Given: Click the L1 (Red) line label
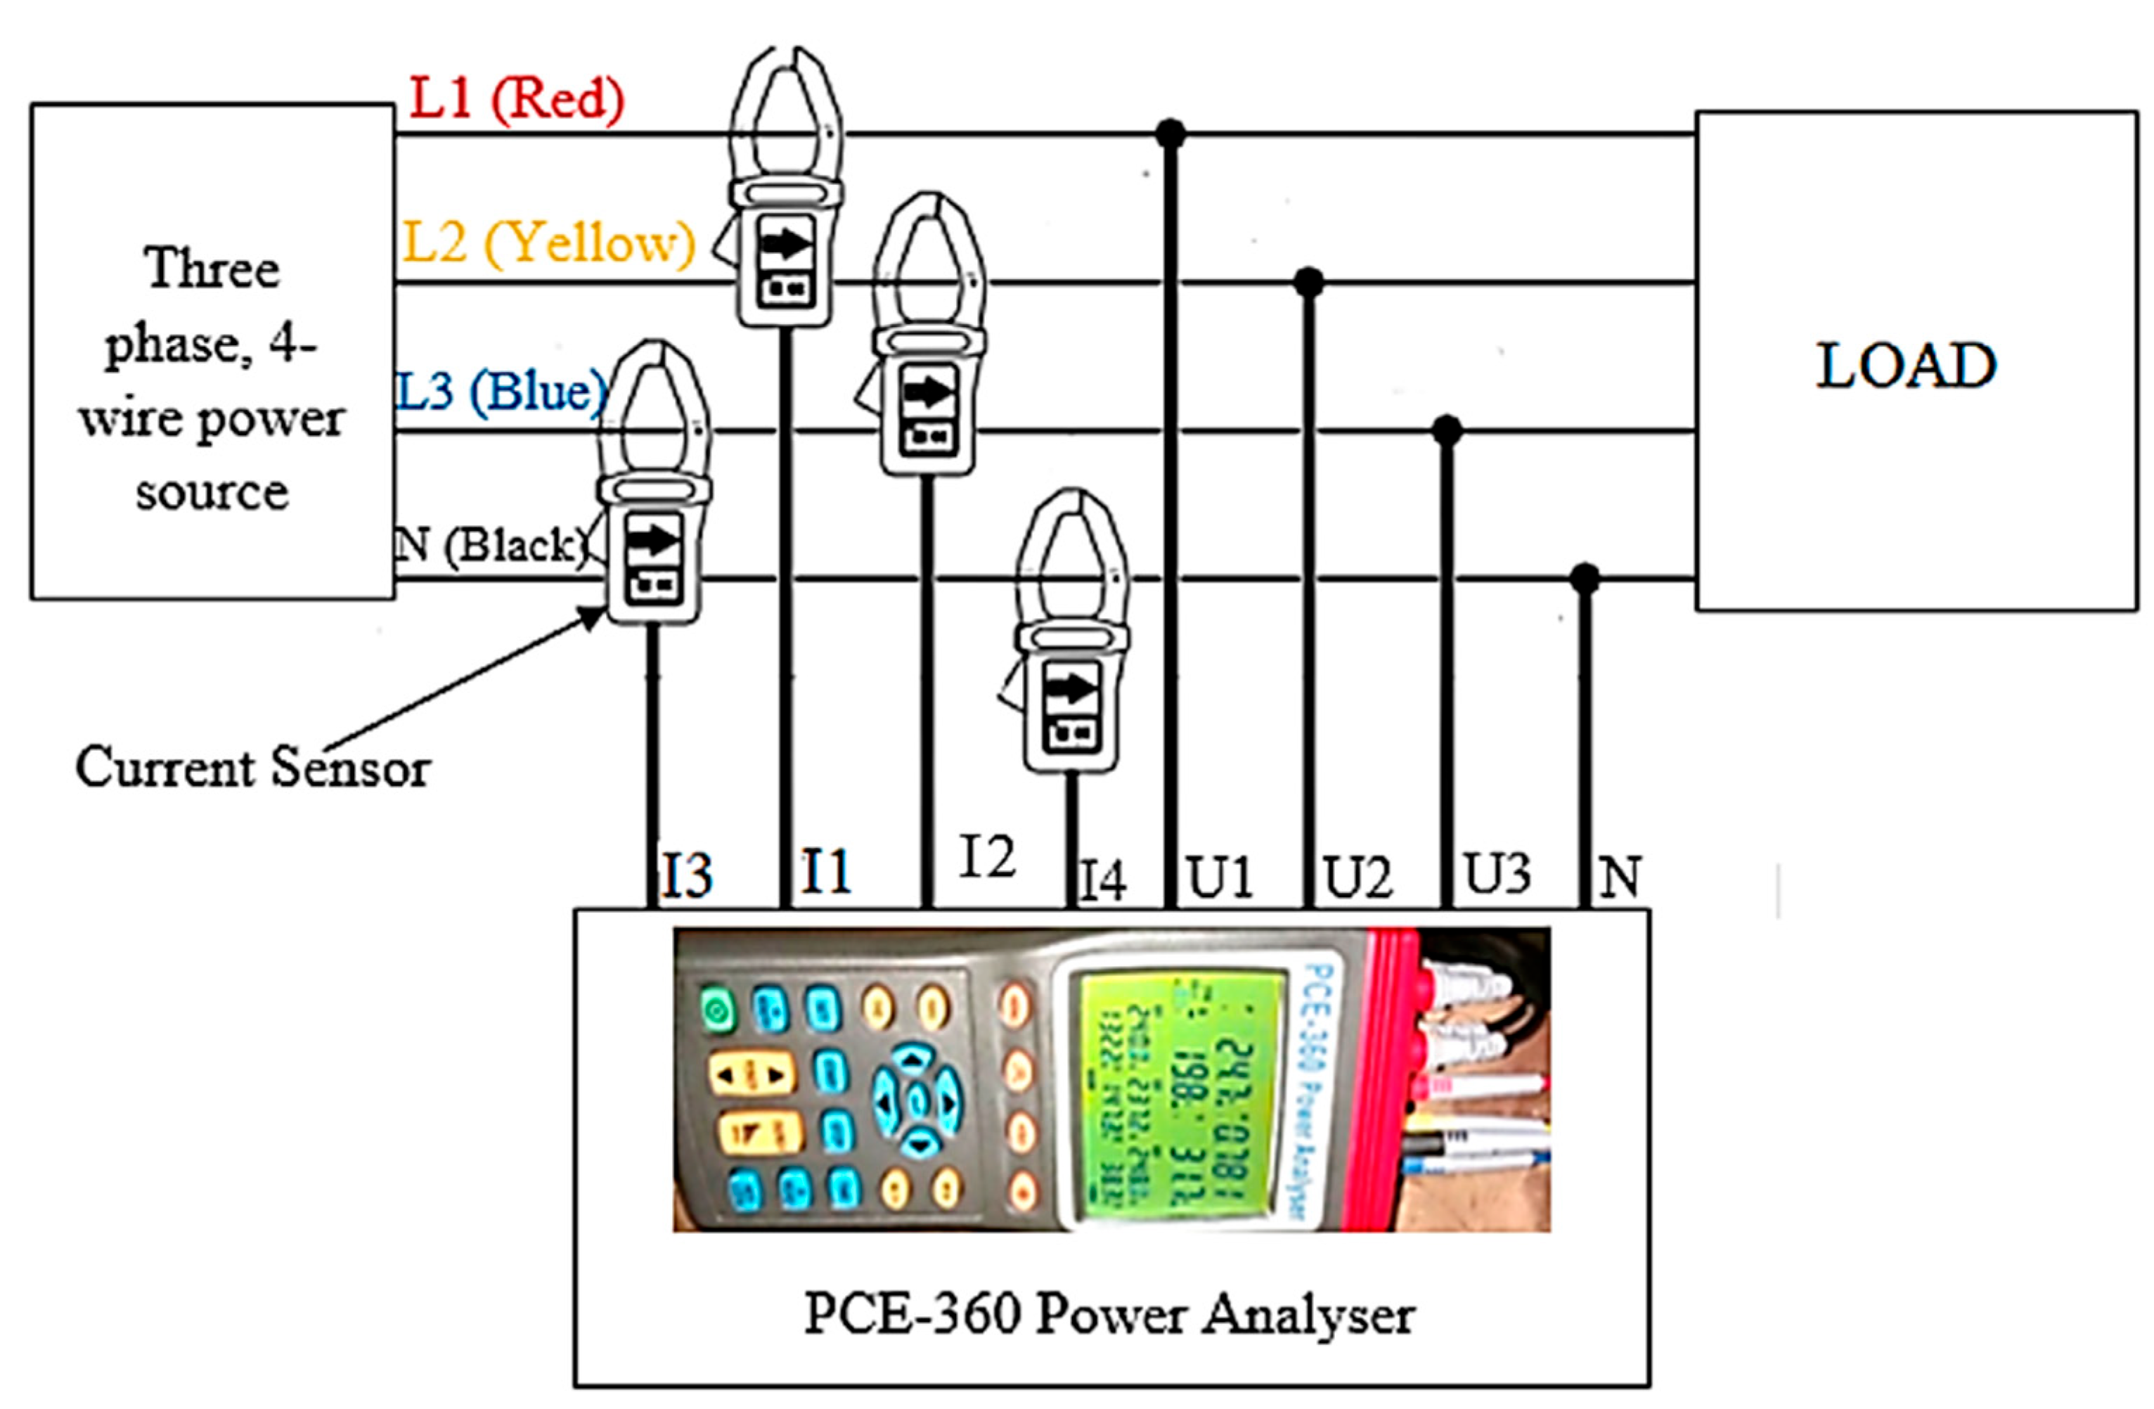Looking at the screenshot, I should coord(516,98).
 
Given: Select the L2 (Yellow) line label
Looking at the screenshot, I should coord(548,243).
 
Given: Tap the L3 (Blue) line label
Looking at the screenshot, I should coord(501,391).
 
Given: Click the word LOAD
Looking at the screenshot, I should coord(1906,366).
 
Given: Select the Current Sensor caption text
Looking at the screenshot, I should coord(252,767).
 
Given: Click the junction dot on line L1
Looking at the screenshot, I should coord(1170,134).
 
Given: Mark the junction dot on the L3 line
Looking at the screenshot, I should coord(1447,430).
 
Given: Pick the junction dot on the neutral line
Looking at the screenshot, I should coord(1585,577).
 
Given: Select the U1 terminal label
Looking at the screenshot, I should coord(1220,876).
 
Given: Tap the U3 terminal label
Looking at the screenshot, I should coord(1498,874).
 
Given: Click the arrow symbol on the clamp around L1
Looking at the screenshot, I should coord(785,243).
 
